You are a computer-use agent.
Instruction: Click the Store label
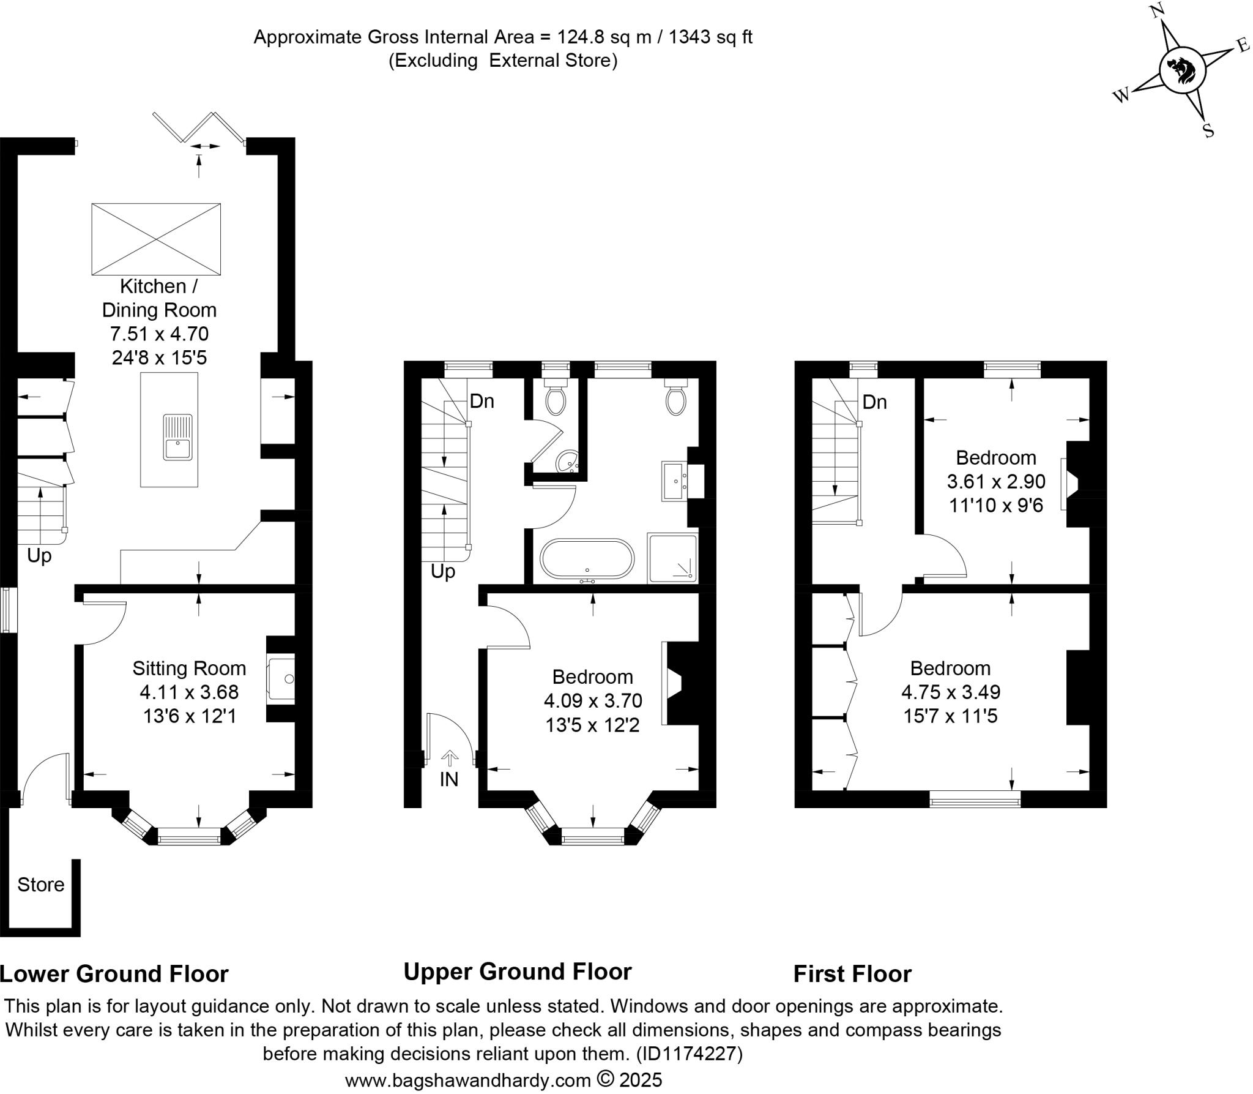[40, 885]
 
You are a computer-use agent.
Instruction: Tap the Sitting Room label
[189, 668]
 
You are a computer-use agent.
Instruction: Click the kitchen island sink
[177, 437]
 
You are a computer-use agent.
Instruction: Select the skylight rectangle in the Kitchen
[156, 239]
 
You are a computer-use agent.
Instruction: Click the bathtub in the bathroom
[587, 558]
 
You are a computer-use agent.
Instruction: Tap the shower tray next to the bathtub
[672, 557]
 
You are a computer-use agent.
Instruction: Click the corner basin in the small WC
[568, 462]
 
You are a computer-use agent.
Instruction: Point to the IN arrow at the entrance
[450, 759]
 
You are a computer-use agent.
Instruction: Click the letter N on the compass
[1156, 11]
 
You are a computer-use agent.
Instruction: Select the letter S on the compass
[1208, 130]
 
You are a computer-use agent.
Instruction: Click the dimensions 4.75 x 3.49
[951, 692]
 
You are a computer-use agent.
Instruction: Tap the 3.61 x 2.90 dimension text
[996, 481]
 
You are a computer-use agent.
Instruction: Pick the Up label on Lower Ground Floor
[39, 556]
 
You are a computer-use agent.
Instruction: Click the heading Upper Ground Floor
[517, 971]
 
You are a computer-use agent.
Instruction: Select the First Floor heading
[852, 973]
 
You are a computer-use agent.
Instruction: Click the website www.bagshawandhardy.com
[467, 1079]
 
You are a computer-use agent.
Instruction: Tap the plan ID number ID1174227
[689, 1054]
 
